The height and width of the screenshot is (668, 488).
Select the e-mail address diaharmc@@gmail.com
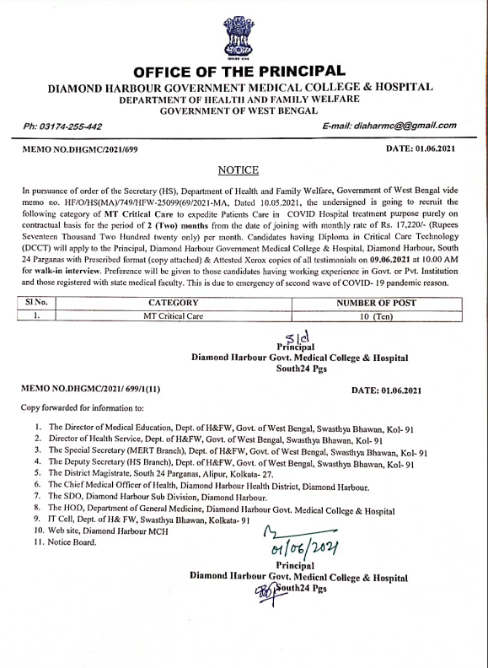(389, 126)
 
